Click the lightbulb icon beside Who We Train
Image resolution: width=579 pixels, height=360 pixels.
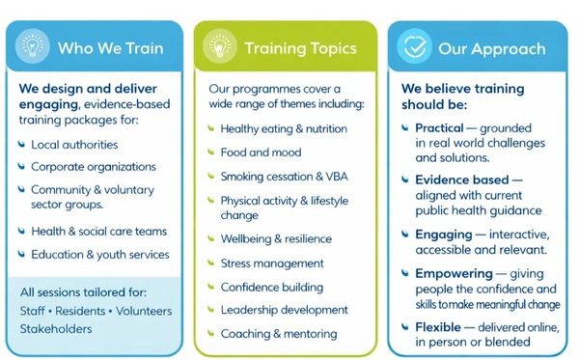point(33,46)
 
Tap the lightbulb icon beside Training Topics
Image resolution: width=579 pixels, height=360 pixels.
point(220,46)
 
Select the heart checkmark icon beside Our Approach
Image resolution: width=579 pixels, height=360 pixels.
point(414,46)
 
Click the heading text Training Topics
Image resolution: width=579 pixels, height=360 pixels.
point(300,48)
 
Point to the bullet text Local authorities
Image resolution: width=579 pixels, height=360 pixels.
point(74,145)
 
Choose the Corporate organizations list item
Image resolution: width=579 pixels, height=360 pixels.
point(94,167)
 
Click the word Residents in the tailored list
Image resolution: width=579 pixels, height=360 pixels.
point(80,311)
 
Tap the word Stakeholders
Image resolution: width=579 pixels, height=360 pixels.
point(56,328)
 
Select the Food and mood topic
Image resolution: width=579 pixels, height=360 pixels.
point(262,152)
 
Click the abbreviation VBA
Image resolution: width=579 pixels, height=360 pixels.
point(337,177)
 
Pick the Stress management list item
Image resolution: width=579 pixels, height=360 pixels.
point(272,263)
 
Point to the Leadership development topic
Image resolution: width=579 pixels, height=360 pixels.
point(285,310)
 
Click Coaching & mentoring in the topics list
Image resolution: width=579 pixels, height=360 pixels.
point(279,334)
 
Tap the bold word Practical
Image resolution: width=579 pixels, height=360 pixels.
point(439,128)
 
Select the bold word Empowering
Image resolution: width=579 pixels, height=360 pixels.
point(455,274)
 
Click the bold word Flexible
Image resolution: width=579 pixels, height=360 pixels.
point(438,327)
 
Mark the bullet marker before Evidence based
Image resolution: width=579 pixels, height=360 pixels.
point(405,180)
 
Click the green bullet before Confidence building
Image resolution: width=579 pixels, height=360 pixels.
point(210,287)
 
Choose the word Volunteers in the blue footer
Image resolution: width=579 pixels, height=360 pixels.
point(144,311)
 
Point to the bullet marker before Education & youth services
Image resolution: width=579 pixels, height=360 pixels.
point(21,254)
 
